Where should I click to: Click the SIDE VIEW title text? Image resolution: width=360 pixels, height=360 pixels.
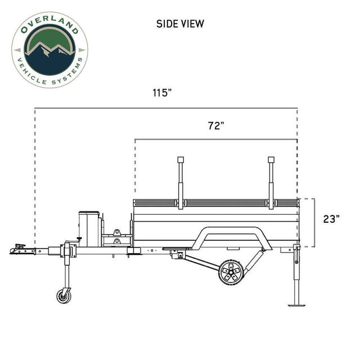point(180,24)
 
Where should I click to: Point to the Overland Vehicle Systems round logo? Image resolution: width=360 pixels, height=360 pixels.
point(49,49)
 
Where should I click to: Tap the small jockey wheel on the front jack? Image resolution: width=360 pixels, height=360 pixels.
point(64,295)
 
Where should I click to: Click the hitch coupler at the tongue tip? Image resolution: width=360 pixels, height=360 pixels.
point(19,248)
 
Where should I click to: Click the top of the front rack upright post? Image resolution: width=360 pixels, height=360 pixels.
point(181,160)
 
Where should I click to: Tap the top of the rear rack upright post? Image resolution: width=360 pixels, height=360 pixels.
point(271,160)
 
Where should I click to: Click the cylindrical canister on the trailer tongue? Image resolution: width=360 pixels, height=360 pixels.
point(89,228)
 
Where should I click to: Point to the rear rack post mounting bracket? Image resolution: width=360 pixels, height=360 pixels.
point(271,202)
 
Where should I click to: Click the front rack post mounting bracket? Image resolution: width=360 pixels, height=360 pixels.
point(181,202)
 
